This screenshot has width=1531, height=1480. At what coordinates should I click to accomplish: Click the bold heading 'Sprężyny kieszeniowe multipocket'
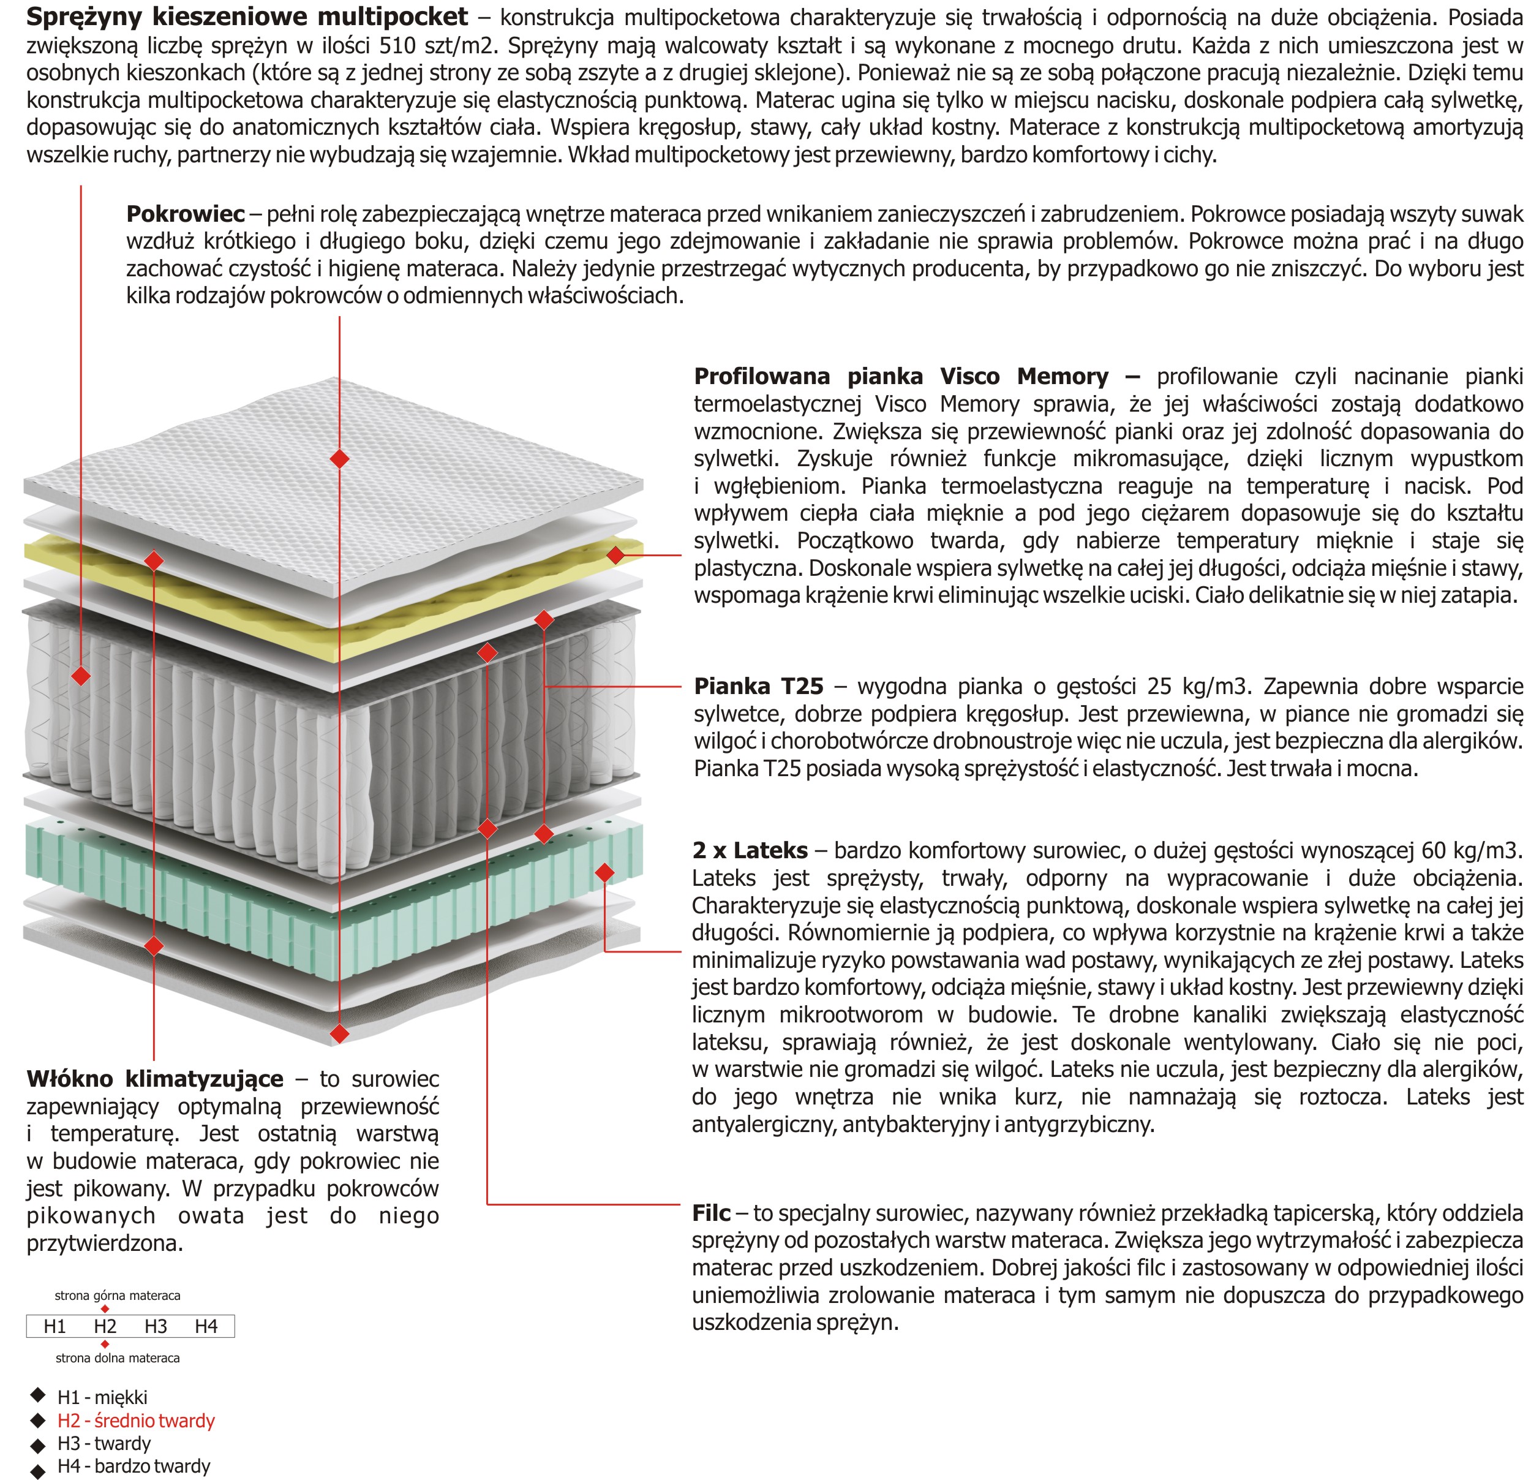(x=247, y=17)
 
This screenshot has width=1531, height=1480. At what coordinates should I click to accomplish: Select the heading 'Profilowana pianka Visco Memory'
(x=901, y=377)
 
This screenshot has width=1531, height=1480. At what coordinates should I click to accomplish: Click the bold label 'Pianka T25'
(x=759, y=686)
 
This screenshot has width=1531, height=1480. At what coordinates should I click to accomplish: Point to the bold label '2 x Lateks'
(x=750, y=850)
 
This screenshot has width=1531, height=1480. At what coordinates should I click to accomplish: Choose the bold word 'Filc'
(x=711, y=1213)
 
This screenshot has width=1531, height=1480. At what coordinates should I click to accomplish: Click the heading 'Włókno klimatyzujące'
(x=155, y=1079)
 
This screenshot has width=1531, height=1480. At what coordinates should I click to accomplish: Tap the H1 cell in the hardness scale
(x=55, y=1326)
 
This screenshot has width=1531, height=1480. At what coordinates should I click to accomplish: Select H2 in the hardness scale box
(x=105, y=1326)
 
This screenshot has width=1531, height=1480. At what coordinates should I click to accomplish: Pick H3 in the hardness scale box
(x=156, y=1326)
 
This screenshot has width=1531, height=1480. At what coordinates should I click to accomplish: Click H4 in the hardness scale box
(x=206, y=1326)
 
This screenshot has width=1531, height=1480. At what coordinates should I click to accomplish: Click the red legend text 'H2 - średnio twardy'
(x=136, y=1421)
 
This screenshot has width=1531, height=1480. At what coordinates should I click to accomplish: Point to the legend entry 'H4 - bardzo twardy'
(x=134, y=1466)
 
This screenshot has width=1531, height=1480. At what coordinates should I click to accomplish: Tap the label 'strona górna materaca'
(x=117, y=1296)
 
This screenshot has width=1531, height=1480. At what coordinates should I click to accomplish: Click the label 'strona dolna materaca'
(x=117, y=1358)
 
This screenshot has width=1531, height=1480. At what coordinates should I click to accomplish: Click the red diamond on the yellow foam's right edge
(x=615, y=556)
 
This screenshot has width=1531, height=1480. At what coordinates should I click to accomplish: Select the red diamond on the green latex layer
(x=604, y=872)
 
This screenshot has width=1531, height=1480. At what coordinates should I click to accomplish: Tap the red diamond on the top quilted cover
(x=340, y=459)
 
